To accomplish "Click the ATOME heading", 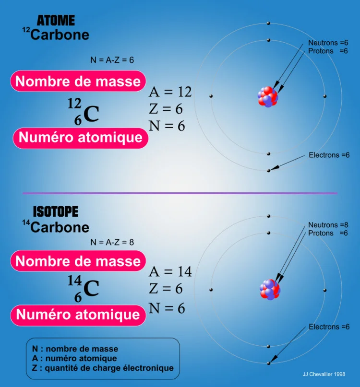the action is click(56, 21).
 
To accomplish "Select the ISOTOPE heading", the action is click(55, 211).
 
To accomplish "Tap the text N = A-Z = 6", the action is click(112, 60).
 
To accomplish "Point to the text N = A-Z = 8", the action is click(112, 242).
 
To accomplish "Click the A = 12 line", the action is click(170, 92).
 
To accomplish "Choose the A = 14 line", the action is click(170, 272).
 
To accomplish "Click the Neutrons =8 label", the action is click(328, 225).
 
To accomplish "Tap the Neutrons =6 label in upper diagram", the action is click(328, 43).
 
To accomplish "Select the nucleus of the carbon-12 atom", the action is click(268, 97).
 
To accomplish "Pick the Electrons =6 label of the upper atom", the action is click(329, 155).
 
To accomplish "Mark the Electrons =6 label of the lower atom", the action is click(329, 327).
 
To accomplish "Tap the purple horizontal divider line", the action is click(180, 193).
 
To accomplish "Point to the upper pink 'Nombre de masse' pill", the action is click(78, 82).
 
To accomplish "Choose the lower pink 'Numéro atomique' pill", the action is click(78, 315).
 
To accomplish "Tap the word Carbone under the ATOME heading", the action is click(60, 35).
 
